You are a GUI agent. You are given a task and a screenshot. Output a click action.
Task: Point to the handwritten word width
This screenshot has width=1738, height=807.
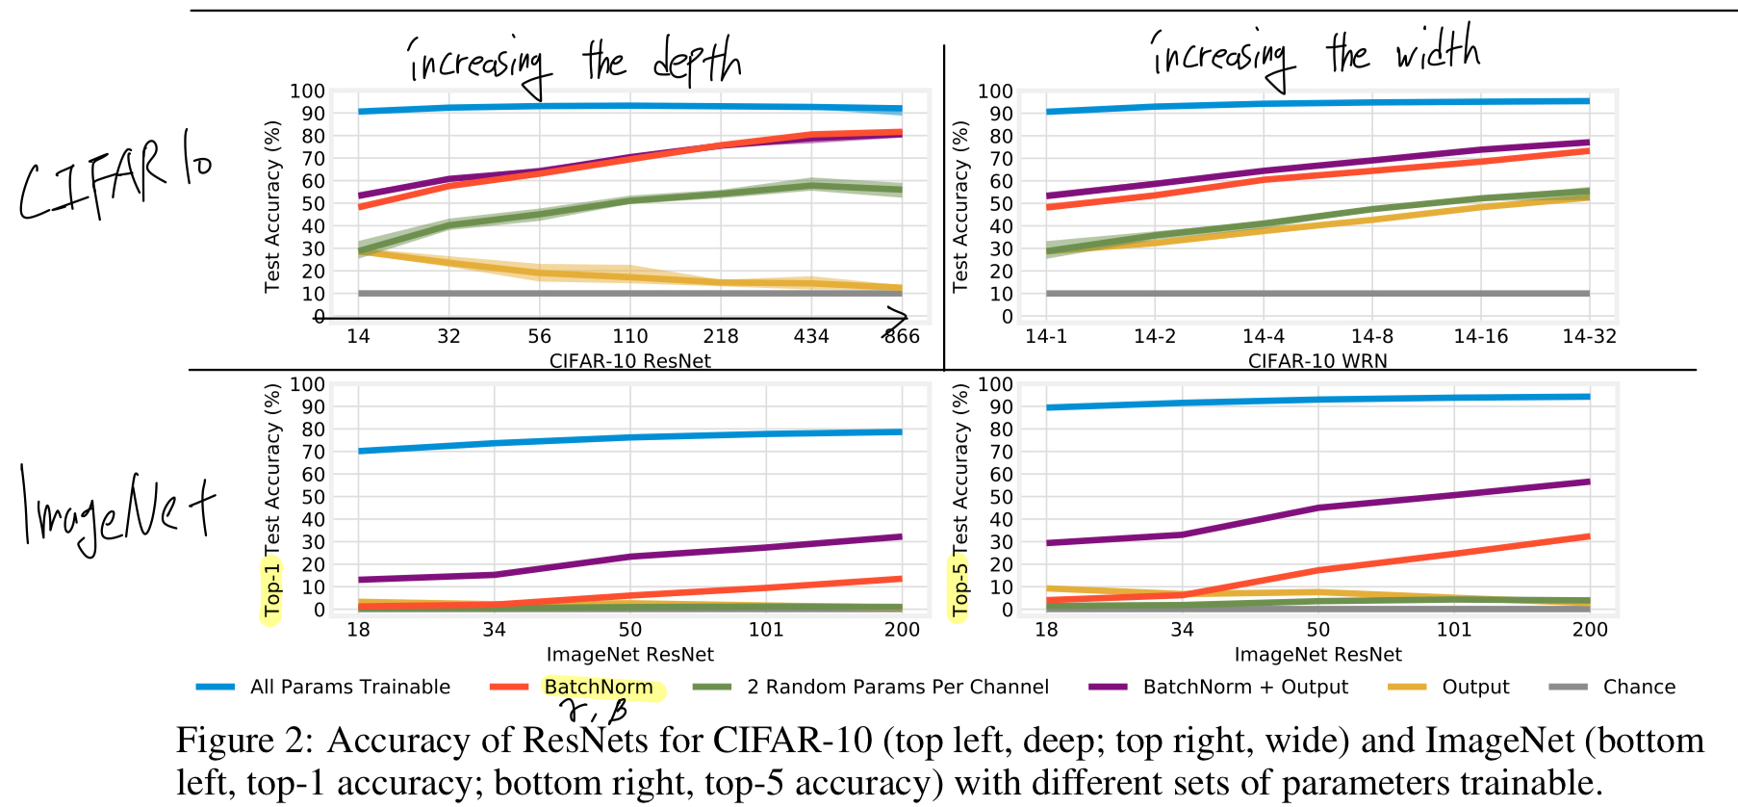pos(1438,50)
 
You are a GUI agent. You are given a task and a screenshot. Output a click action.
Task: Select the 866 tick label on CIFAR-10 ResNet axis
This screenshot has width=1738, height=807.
pos(902,336)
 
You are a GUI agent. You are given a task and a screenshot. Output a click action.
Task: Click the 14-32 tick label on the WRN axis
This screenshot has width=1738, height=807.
pos(1589,336)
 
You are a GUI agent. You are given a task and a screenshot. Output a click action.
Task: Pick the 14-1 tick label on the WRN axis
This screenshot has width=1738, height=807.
pos(1046,336)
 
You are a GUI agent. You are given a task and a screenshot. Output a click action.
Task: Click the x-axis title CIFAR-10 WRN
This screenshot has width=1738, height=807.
pos(1317,361)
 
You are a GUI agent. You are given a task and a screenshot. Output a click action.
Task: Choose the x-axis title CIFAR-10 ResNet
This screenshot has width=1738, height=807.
pos(629,361)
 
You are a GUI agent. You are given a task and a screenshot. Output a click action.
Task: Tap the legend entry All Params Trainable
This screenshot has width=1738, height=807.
pos(349,687)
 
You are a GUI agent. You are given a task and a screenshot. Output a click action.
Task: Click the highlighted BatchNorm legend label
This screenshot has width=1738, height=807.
pos(598,687)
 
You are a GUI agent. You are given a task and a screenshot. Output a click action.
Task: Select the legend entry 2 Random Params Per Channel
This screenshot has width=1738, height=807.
pos(897,687)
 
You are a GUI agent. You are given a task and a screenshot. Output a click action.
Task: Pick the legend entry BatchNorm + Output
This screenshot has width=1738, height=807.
pos(1244,687)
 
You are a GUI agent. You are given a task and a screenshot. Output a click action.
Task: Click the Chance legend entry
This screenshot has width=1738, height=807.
pos(1638,687)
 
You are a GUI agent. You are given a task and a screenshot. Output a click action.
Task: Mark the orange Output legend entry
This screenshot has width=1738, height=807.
pos(1474,687)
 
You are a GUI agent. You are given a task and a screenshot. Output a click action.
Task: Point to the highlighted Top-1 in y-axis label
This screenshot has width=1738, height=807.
pos(272,589)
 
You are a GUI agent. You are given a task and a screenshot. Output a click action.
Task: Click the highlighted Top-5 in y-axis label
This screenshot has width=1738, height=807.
pos(959,589)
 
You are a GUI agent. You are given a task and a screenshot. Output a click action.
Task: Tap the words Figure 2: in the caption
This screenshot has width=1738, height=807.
pos(244,741)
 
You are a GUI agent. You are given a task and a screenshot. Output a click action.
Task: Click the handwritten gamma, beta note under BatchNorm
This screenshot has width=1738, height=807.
pos(597,712)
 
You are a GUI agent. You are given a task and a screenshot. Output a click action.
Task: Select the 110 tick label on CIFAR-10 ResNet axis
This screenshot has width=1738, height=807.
pos(630,336)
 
